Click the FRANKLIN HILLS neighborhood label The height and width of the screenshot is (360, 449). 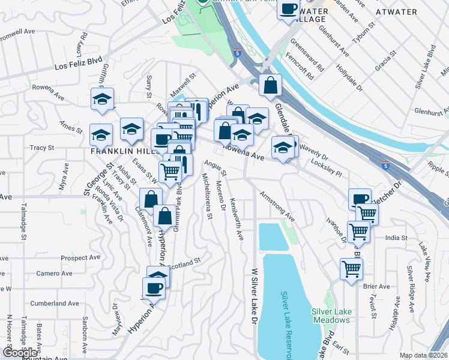(x=119, y=152)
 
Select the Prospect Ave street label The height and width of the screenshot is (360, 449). (x=79, y=258)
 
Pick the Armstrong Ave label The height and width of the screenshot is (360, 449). (x=277, y=206)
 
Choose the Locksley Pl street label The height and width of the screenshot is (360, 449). (x=326, y=168)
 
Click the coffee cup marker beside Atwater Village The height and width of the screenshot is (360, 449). (x=288, y=9)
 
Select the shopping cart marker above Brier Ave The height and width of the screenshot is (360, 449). (x=351, y=269)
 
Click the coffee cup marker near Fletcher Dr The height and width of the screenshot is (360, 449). (x=360, y=199)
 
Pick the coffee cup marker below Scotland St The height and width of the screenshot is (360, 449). (x=154, y=288)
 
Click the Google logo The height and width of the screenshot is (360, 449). (x=20, y=353)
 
